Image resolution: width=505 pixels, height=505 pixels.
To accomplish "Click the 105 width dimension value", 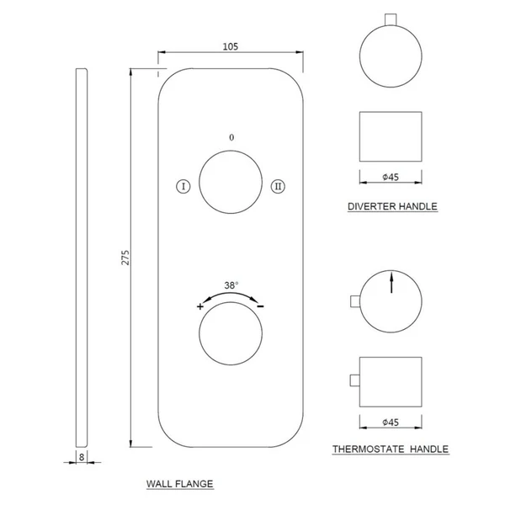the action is [231, 46].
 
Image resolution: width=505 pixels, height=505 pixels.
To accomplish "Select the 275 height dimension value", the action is [125, 258].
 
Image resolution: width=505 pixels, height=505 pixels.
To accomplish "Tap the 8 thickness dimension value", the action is [82, 457].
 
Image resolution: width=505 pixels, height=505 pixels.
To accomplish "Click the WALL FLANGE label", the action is [180, 484].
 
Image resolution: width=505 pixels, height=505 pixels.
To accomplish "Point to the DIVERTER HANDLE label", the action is [392, 206].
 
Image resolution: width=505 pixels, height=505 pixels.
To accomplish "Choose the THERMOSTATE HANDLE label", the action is [391, 449].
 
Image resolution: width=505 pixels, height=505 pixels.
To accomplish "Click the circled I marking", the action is [183, 186].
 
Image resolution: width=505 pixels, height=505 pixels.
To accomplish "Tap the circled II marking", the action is [278, 186].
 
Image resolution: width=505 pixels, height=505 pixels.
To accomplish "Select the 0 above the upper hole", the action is [231, 137].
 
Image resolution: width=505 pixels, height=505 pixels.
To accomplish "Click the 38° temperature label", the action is [231, 285].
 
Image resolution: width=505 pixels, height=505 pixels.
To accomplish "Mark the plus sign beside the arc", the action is [200, 306].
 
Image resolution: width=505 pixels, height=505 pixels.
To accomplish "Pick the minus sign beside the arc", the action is [260, 306].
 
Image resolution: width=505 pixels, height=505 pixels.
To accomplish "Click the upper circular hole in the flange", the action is [231, 182].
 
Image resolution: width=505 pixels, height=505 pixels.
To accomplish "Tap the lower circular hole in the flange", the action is [231, 333].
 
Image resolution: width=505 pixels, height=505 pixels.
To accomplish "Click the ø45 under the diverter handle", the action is [391, 177].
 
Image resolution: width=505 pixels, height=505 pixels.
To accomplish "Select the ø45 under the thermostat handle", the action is [391, 423].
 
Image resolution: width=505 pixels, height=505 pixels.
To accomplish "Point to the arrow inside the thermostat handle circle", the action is [391, 283].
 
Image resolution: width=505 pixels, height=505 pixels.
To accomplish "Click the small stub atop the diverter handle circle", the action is [391, 19].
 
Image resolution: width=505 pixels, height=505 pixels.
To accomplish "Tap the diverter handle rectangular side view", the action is [391, 136].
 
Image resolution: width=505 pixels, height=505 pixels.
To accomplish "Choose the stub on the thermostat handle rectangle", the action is [355, 380].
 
